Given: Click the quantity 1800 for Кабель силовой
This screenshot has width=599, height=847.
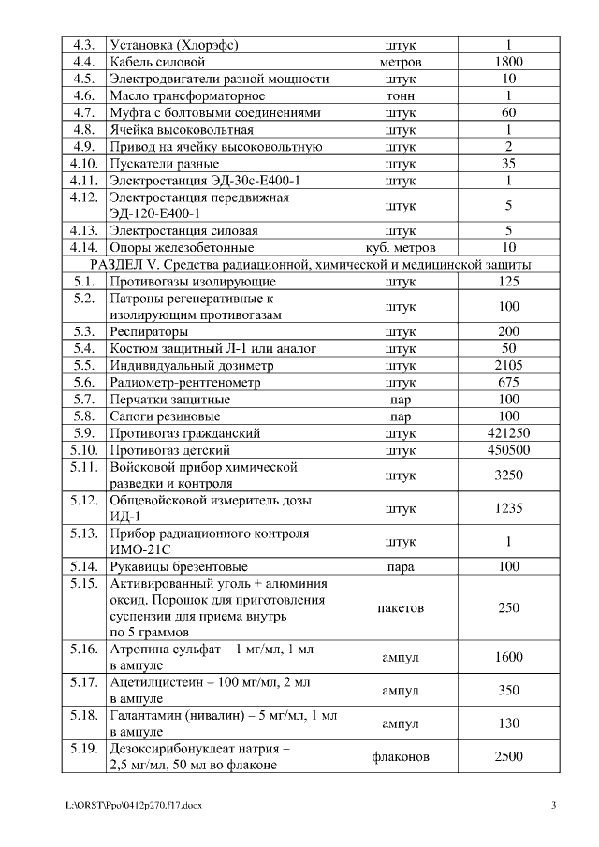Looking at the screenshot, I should coord(508,62).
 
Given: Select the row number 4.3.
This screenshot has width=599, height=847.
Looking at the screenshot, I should coord(83,44).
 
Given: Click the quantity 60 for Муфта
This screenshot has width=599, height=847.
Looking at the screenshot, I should coord(508,112).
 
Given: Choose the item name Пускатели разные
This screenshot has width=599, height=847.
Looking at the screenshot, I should coord(165,164).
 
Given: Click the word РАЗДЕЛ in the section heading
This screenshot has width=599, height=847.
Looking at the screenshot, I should coord(108,265).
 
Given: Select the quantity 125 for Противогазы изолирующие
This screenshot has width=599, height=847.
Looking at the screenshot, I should coord(508,281).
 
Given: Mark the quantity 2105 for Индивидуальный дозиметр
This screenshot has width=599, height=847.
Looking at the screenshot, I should coord(508,365).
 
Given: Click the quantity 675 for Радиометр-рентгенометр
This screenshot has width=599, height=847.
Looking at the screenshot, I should coord(508,382).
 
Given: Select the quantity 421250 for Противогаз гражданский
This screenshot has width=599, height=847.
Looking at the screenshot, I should coord(508,433).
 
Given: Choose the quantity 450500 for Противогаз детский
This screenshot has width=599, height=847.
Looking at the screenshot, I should coord(508,450).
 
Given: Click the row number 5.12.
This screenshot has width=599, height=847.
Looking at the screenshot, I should coord(83,501).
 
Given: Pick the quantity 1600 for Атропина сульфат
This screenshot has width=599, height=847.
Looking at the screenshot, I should coord(508,658).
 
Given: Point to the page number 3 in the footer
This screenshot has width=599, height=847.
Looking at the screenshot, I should coord(553,806).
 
